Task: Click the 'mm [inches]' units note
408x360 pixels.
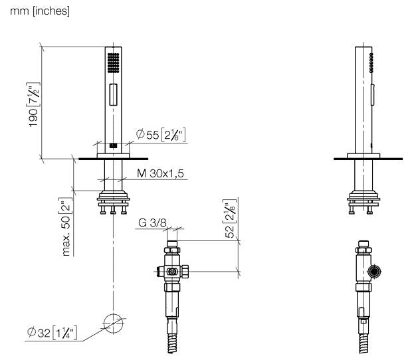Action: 40,11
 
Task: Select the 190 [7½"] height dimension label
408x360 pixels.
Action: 34,104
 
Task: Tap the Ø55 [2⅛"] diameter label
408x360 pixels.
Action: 161,134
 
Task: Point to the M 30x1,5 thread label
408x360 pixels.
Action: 160,173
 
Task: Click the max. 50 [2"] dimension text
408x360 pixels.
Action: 66,226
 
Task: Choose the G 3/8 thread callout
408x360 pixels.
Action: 152,223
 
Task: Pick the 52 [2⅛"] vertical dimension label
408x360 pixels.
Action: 230,219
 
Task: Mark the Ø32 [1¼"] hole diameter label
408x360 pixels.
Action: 52,332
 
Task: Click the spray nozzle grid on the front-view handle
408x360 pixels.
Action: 114,63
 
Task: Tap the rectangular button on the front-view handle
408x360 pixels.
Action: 113,94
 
